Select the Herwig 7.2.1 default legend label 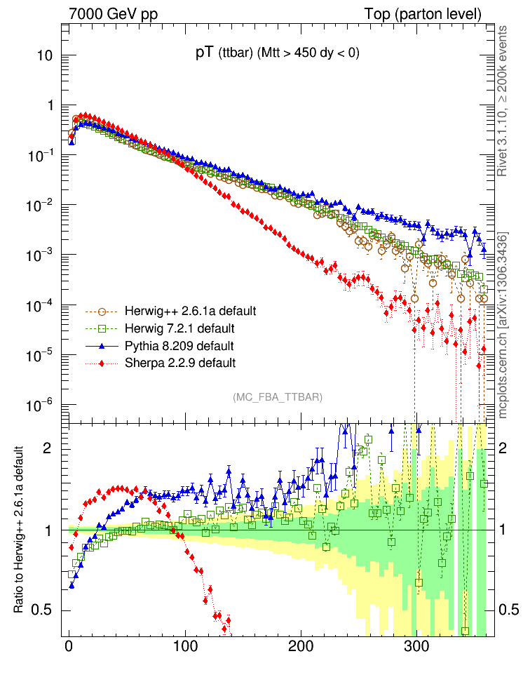coord(179,328)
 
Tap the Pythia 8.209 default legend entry coord(179,346)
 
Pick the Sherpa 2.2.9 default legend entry coord(179,363)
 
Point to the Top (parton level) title coord(423,14)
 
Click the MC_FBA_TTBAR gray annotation coord(278,397)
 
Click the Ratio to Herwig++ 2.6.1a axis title coord(22,530)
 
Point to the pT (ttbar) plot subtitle coord(278,53)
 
